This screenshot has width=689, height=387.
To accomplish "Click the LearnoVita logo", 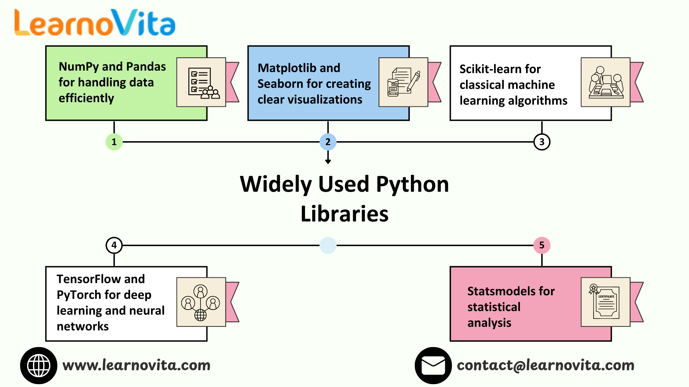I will pyautogui.click(x=95, y=23).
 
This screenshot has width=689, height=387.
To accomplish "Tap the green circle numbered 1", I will pyautogui.click(x=114, y=142).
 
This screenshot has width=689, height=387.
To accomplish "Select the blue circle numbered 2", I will pyautogui.click(x=328, y=142).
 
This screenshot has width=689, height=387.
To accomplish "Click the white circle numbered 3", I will pyautogui.click(x=542, y=142).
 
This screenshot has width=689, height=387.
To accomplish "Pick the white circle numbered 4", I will pyautogui.click(x=114, y=245).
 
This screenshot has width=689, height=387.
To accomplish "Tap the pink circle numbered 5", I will pyautogui.click(x=542, y=245).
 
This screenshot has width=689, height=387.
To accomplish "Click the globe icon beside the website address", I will pyautogui.click(x=39, y=365).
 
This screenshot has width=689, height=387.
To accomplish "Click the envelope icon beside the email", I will pyautogui.click(x=433, y=365).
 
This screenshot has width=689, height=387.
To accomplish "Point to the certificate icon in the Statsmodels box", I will pyautogui.click(x=605, y=302).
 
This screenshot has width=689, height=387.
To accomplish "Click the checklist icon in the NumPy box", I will pyautogui.click(x=201, y=82).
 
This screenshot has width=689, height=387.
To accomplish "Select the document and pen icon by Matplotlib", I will pyautogui.click(x=403, y=82).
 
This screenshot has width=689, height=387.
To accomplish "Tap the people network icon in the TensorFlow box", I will pyautogui.click(x=201, y=302).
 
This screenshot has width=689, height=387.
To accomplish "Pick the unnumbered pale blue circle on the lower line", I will pyautogui.click(x=328, y=245).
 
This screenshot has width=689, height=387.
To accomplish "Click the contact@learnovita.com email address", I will pyautogui.click(x=545, y=365).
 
